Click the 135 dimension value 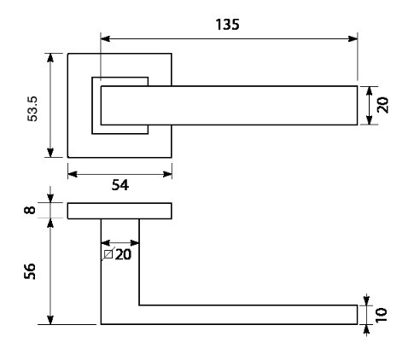click(227, 25)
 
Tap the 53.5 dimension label click(32, 109)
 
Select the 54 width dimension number click(120, 185)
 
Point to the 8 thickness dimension click(30, 210)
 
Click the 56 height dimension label click(30, 271)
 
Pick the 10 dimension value click(382, 315)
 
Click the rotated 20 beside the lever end click(382, 105)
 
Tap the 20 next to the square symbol click(123, 254)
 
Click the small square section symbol click(108, 254)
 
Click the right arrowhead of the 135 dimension click(353, 38)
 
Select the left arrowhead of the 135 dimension click(105, 38)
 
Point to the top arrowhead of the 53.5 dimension click(50, 58)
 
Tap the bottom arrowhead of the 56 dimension click(50, 320)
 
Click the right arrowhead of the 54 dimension click(167, 174)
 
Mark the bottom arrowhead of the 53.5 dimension click(50, 153)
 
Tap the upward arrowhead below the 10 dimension click(366, 329)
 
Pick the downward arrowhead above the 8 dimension click(50, 198)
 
